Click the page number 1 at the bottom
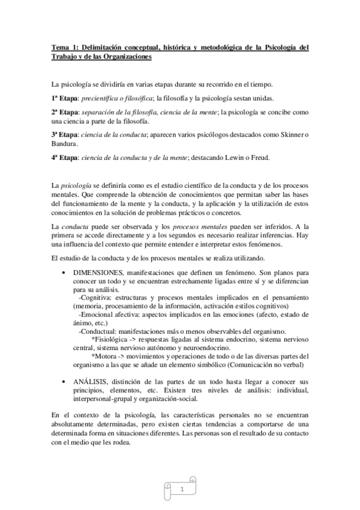(x=182, y=490)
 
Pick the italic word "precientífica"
(x=105, y=98)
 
